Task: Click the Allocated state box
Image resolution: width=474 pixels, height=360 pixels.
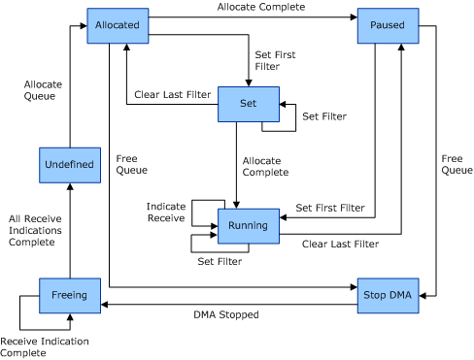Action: pyautogui.click(x=118, y=25)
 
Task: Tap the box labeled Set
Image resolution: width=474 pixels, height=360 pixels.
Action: pyautogui.click(x=248, y=104)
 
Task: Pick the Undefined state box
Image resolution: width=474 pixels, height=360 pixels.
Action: pyautogui.click(x=70, y=164)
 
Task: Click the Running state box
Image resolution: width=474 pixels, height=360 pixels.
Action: pyautogui.click(x=248, y=225)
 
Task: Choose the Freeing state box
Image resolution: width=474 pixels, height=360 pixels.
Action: pyautogui.click(x=70, y=295)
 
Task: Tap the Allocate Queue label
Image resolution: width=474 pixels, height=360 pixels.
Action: pyautogui.click(x=44, y=90)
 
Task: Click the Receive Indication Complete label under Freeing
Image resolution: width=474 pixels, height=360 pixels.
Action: pyautogui.click(x=45, y=346)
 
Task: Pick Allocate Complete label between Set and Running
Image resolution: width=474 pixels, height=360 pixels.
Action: pyautogui.click(x=264, y=165)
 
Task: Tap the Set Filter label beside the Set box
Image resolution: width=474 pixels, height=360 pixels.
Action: pyautogui.click(x=323, y=116)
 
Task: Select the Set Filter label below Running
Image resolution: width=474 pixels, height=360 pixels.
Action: pyautogui.click(x=220, y=261)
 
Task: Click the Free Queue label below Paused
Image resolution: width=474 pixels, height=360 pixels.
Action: pyautogui.click(x=456, y=164)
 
